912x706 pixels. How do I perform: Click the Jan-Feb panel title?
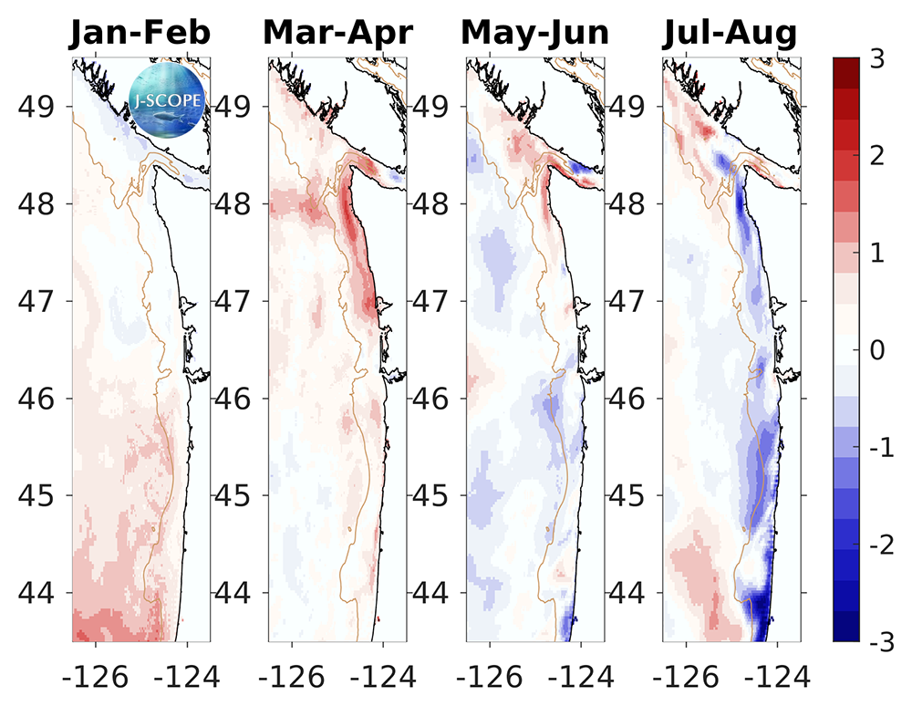140,34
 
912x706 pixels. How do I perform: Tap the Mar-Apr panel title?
338,34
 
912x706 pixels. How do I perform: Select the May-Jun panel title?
535,34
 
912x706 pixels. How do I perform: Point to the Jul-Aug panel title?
731,34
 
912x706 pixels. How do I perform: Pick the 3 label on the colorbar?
877,58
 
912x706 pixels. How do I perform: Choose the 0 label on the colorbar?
877,349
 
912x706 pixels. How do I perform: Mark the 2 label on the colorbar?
877,155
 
